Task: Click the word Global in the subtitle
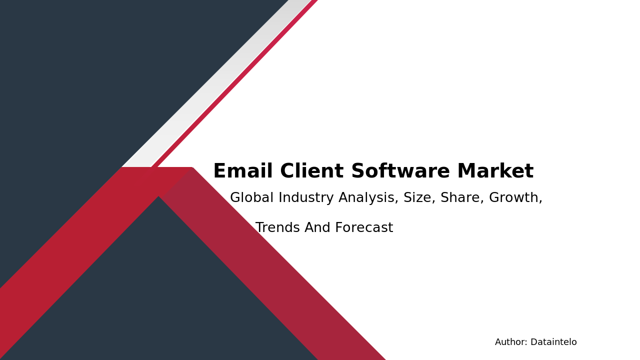251,198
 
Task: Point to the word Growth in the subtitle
515,198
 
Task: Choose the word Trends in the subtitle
277,228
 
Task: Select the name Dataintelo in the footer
553,342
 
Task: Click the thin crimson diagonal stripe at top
235,82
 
